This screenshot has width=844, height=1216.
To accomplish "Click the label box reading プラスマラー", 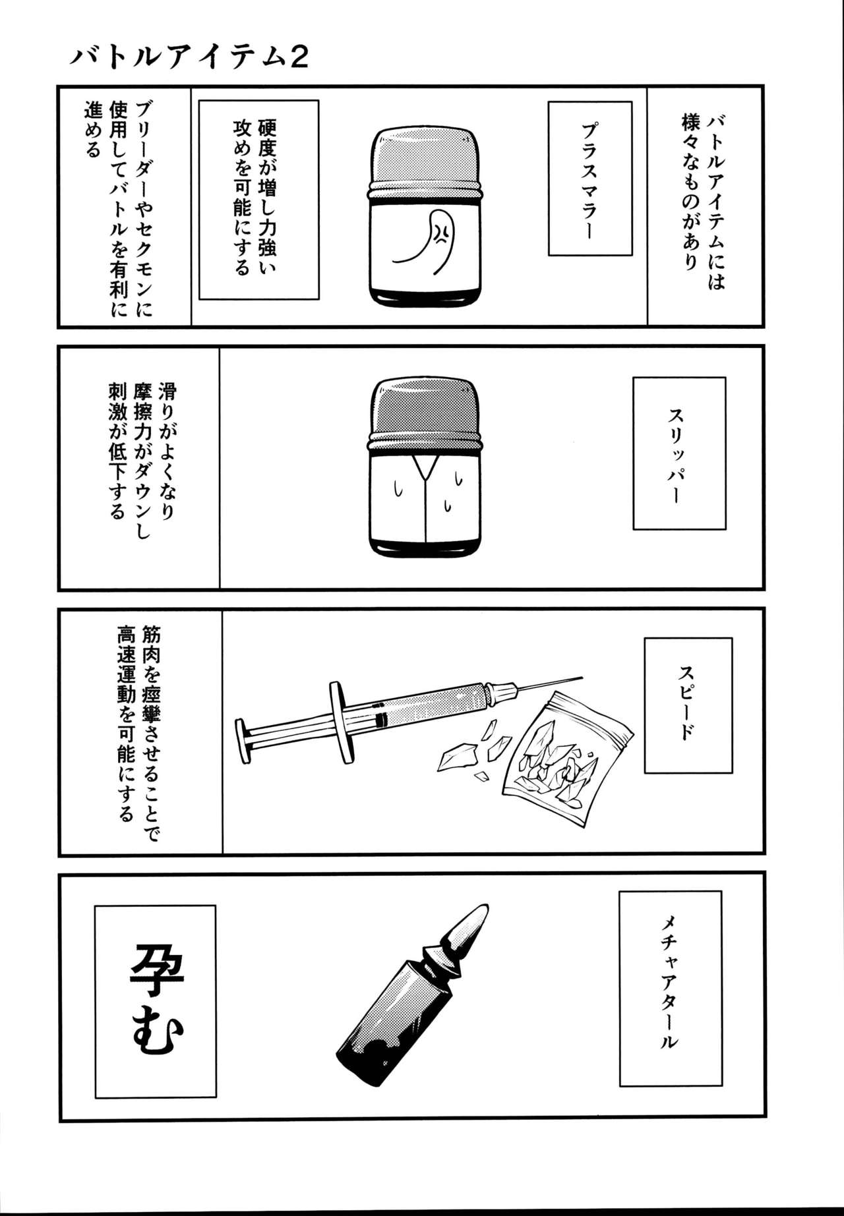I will (590, 178).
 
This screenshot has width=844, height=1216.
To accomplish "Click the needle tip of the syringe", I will (580, 677).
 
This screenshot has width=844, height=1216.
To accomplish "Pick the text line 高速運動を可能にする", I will (126, 724).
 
